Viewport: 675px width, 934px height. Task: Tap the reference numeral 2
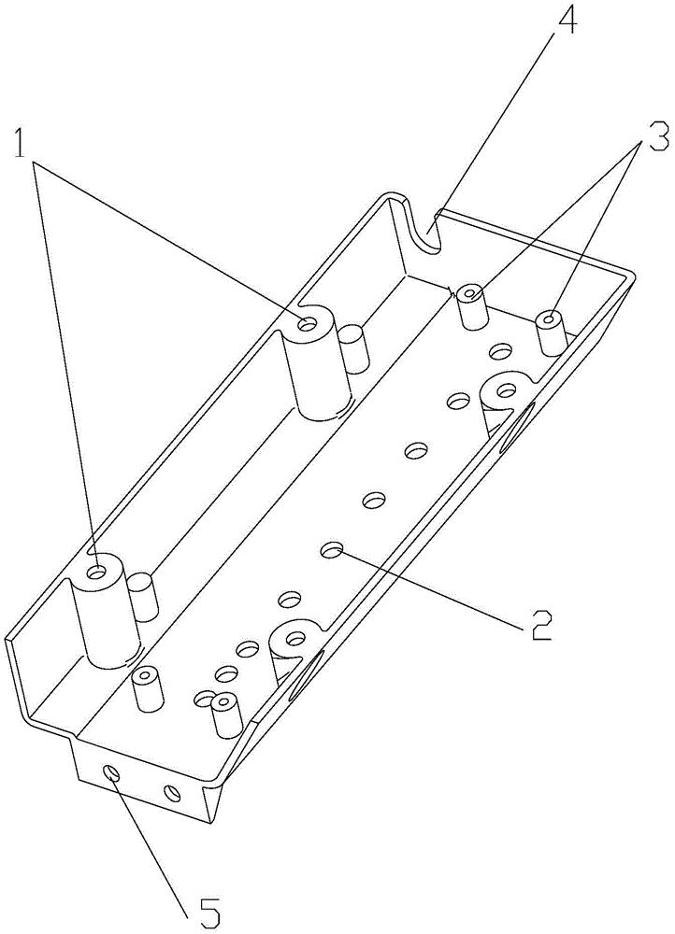(538, 623)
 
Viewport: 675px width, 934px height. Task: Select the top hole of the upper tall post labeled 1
(308, 323)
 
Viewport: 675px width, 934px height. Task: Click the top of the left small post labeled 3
(471, 293)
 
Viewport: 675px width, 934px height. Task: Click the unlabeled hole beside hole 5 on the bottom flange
(172, 793)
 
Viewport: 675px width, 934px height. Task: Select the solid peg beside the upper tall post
(355, 348)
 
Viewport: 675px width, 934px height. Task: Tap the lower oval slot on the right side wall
(307, 675)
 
